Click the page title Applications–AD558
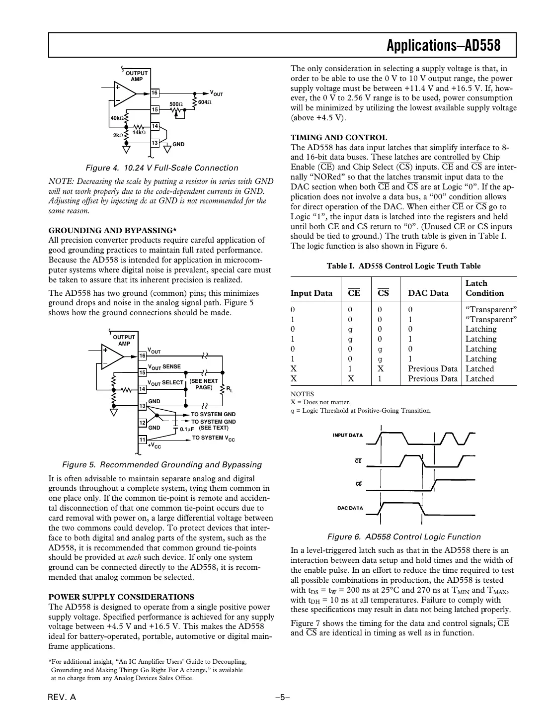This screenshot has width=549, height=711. (443, 46)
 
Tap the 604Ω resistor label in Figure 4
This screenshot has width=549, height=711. (205, 102)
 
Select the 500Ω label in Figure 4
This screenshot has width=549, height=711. (176, 104)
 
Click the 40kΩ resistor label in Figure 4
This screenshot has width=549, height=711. (116, 118)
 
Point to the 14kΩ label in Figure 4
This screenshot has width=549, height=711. (139, 132)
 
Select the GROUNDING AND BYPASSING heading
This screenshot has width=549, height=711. (113, 230)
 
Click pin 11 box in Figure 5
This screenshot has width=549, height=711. (142, 440)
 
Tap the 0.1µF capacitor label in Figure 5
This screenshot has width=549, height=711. (187, 429)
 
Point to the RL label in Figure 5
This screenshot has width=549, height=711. (230, 389)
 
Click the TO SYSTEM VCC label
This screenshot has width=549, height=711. (213, 438)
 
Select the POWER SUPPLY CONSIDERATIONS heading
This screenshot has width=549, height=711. (121, 597)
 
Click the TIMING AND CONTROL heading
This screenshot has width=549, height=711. (339, 138)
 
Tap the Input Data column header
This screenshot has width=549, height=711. (312, 293)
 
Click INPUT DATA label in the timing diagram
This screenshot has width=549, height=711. (347, 436)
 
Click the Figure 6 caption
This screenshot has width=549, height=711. (403, 537)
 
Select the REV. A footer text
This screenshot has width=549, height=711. (62, 698)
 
